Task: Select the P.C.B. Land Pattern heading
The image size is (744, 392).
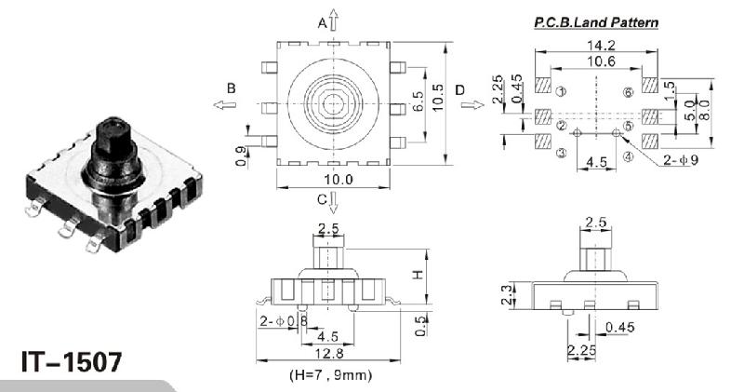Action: (x=595, y=20)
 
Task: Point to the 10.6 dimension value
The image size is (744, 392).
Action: (x=595, y=61)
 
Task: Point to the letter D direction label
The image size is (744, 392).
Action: (x=460, y=88)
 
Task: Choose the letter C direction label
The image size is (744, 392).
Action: (x=322, y=198)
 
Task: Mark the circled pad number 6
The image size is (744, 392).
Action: (x=629, y=92)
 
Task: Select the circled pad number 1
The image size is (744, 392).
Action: (x=560, y=92)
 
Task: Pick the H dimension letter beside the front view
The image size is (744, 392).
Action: (x=418, y=275)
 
